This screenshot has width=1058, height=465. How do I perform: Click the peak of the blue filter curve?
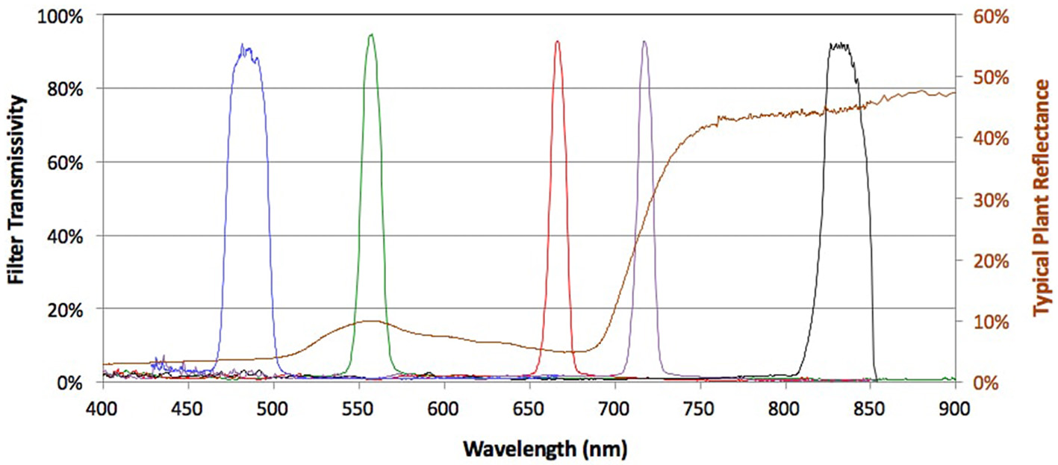point(242,45)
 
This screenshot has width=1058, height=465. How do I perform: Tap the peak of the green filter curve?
point(371,34)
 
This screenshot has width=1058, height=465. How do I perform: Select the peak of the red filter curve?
point(557,42)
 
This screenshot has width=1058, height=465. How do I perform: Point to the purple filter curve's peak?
point(644,42)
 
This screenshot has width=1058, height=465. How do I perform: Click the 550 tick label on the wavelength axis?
point(358,408)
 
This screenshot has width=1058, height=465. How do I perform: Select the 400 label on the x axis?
point(102,408)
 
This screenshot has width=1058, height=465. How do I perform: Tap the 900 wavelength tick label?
point(955,408)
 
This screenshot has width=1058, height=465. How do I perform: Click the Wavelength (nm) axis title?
point(544,449)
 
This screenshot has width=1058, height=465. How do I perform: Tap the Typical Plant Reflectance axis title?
point(1040,199)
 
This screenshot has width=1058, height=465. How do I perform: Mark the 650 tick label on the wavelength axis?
point(529,408)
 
